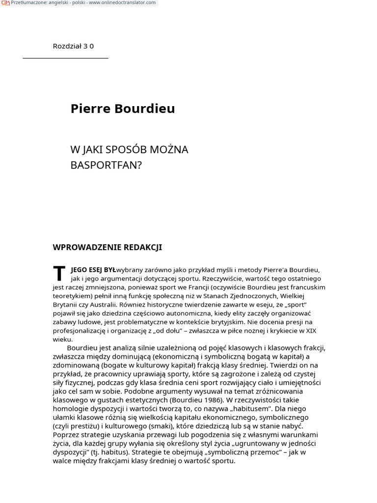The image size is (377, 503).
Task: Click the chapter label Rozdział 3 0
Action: point(73,46)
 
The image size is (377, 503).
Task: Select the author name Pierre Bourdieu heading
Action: point(122,109)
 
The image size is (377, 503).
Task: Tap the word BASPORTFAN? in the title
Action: point(106,165)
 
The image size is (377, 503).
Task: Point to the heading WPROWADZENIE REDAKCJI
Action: point(107,248)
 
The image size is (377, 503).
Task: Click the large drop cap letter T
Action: point(59,274)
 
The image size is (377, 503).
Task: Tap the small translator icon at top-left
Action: point(5,3)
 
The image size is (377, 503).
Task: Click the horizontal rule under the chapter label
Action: point(65,58)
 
